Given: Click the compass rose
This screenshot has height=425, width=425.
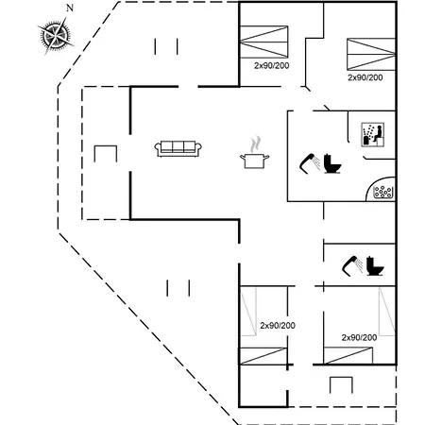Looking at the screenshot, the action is pos(56,36).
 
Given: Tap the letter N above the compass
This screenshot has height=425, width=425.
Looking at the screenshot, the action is pos(70,8).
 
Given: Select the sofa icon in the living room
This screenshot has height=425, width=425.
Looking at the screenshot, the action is pos(178,148).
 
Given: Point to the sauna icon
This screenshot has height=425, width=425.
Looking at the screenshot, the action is pos(373,135).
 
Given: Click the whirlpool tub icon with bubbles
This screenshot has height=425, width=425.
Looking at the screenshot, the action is pos(382,192).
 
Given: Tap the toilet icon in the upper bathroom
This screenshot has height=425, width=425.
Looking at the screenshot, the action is pos(332,163).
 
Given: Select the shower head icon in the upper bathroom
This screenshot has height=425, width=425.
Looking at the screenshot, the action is pos(310,163).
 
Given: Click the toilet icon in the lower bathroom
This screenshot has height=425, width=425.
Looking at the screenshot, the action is pos(375,266).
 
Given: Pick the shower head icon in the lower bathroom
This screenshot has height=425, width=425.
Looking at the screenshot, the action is pos(352,266).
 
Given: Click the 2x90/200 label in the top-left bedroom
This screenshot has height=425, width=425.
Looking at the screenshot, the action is pos(272,65).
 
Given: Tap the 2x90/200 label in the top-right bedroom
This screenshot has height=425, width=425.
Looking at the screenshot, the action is pos(365,77).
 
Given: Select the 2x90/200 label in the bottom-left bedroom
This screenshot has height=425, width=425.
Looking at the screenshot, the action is pos(278,326).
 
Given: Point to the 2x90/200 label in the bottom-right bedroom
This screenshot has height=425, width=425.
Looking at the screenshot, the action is pos(359,337).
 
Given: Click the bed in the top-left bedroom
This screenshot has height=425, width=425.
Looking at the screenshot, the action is pos(263,42).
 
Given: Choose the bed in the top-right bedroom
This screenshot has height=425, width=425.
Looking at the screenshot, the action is pos(371,54).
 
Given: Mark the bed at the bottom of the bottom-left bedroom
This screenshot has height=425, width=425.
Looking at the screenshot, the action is pos(263,356).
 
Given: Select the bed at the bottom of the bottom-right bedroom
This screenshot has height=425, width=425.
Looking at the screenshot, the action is pos(348,356).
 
